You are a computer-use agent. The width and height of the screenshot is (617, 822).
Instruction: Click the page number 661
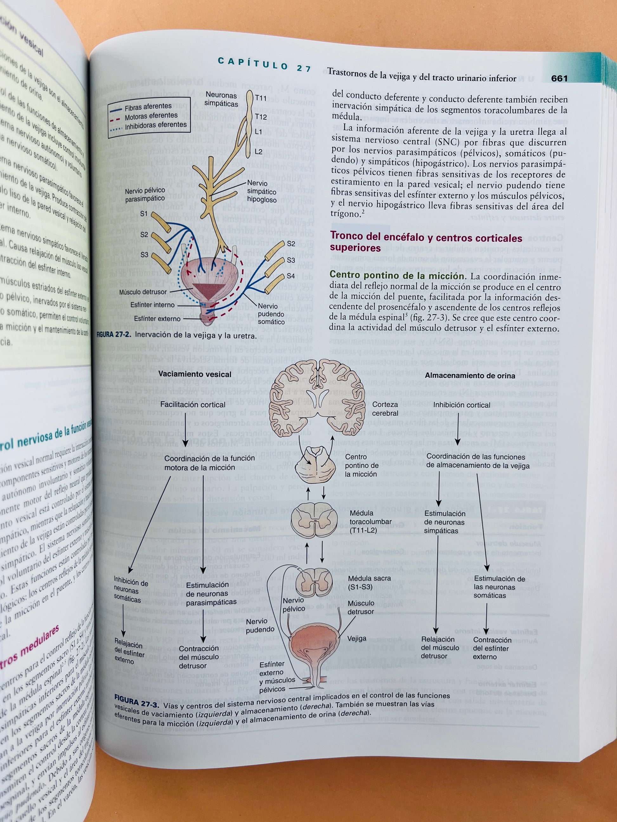[559, 79]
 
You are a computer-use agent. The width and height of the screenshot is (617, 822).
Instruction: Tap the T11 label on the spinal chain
[261, 98]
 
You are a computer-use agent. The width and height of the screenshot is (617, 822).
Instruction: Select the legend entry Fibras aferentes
[148, 107]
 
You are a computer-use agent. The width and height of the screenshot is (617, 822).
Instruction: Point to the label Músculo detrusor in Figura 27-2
[143, 292]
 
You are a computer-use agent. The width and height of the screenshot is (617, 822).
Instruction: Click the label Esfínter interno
[152, 305]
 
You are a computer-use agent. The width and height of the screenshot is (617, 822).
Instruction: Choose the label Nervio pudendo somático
[271, 314]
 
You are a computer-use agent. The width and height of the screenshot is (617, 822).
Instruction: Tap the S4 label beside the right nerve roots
[290, 276]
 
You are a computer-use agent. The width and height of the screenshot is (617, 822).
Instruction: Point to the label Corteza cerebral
[385, 409]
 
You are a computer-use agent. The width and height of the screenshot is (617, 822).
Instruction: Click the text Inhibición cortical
[462, 405]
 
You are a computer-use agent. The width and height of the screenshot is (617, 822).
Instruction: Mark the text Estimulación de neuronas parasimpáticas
[211, 594]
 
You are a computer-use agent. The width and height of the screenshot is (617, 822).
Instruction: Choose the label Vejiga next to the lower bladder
[357, 638]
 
